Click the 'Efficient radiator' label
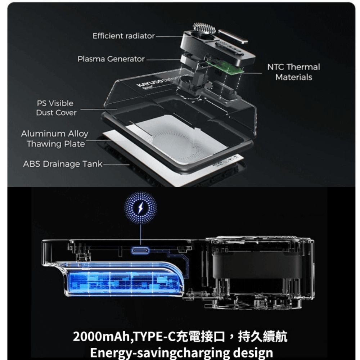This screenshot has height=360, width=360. point(123,36)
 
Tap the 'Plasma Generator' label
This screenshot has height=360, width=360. point(111,59)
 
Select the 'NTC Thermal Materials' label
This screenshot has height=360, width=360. point(294,72)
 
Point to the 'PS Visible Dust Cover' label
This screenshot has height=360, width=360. point(56,108)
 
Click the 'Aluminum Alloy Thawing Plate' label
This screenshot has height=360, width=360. point(55,139)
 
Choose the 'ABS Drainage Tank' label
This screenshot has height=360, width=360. point(63,164)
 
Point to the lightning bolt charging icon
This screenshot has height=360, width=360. point(140,208)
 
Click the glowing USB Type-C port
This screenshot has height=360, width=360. point(140,251)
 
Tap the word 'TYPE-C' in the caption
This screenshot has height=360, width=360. point(155,337)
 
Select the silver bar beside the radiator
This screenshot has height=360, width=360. point(233,36)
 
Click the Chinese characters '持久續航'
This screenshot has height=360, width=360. point(262,337)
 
